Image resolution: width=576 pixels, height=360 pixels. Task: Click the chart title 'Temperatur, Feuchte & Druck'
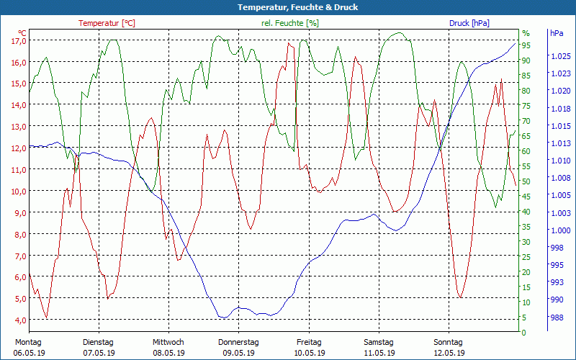coord(287,7)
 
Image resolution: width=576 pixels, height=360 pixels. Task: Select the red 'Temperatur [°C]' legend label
coord(107,23)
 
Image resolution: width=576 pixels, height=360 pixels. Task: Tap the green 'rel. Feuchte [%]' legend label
coord(289,23)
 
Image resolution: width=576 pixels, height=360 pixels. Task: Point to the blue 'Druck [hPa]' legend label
coord(469,23)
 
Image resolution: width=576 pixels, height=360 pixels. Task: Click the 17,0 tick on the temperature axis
coord(19,41)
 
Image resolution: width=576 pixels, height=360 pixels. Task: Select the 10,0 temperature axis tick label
coord(19,192)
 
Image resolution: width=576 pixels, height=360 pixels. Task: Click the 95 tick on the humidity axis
coord(526,45)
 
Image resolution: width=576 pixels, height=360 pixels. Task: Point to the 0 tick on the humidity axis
coord(524,333)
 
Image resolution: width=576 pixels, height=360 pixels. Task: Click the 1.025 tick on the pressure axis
coord(559,56)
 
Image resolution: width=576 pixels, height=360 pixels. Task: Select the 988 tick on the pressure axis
coord(557,318)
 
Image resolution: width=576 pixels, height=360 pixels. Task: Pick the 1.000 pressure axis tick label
coord(559,230)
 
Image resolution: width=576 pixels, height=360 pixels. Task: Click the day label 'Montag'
coord(28,342)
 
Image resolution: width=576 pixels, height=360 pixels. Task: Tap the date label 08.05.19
coord(168,353)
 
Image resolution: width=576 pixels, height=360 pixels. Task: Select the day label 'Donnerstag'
coord(238,342)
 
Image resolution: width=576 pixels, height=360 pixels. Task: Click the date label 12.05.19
coord(449,353)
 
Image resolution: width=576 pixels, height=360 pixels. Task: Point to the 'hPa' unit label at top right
coord(557,33)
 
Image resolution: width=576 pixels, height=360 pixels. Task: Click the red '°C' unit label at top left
coord(22,33)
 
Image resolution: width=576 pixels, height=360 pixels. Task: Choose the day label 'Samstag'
coord(379,342)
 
